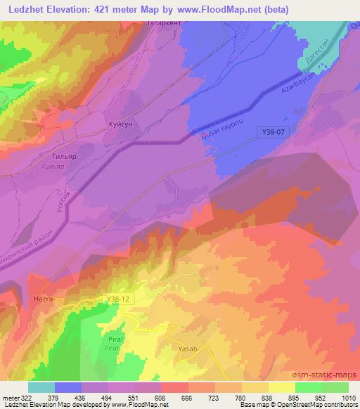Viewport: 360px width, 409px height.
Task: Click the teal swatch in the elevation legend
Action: [x=41, y=387]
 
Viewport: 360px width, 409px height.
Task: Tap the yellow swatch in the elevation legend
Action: [x=282, y=387]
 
